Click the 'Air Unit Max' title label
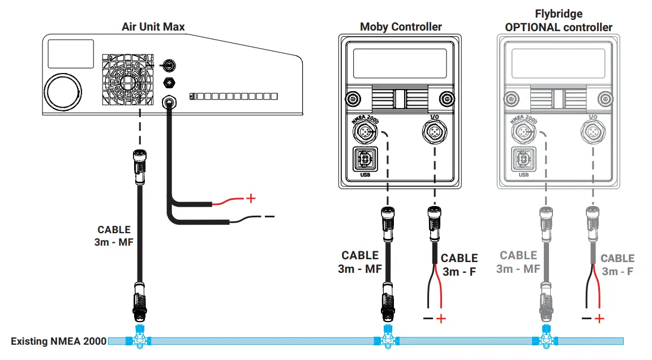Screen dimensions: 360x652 click(x=153, y=27)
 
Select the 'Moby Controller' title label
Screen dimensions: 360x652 click(x=401, y=27)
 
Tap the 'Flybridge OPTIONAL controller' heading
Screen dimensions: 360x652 click(x=559, y=20)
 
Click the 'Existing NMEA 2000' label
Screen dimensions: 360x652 click(x=58, y=341)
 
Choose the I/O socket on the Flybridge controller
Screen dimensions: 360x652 click(x=592, y=132)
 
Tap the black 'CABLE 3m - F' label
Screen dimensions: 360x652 click(x=459, y=264)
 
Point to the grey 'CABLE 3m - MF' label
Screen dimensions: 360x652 click(x=518, y=262)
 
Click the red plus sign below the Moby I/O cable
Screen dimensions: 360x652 click(x=441, y=319)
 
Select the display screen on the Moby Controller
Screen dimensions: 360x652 click(x=401, y=62)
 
